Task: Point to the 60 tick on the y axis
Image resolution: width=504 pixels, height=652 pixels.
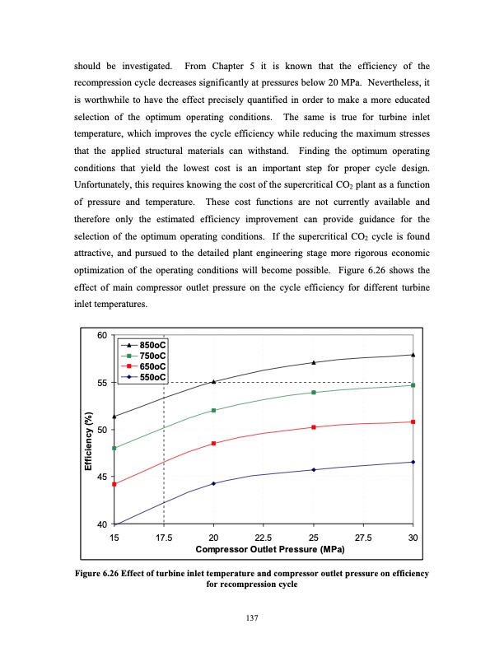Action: pos(102,335)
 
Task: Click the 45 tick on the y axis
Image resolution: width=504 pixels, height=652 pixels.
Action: pos(102,477)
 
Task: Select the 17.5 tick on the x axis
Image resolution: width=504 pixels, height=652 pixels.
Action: pos(164,537)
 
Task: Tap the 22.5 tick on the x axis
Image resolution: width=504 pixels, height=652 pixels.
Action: pos(264,537)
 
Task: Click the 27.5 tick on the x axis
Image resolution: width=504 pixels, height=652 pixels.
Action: pos(363,537)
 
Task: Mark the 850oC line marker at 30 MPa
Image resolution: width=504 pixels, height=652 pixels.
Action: pos(413,355)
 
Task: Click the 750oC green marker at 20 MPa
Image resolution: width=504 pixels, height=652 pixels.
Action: pos(214,410)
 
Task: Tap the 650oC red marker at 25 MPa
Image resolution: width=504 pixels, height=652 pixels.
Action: pos(314,427)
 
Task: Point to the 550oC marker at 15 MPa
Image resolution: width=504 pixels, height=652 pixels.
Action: pos(114,524)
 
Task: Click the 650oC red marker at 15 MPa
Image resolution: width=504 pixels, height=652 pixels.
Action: pos(114,484)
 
